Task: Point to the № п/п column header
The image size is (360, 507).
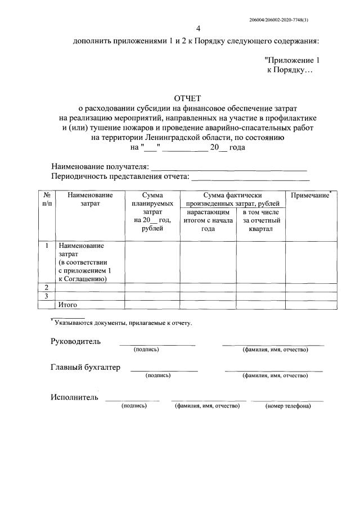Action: click(46, 199)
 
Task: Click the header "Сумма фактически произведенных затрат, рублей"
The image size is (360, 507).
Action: click(232, 199)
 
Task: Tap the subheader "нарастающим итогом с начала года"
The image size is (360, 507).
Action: click(208, 221)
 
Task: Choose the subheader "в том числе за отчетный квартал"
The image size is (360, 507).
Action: click(260, 221)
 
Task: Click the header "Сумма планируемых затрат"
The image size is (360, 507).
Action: click(152, 211)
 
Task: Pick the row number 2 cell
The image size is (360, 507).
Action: click(46, 287)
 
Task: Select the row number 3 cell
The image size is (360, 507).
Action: click(46, 296)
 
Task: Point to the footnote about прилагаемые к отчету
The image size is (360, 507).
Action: click(121, 323)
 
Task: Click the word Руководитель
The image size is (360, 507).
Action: click(76, 342)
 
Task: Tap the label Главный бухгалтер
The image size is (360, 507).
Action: click(85, 368)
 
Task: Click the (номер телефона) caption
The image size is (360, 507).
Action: click(287, 406)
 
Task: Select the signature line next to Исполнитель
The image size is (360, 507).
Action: click(133, 399)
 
